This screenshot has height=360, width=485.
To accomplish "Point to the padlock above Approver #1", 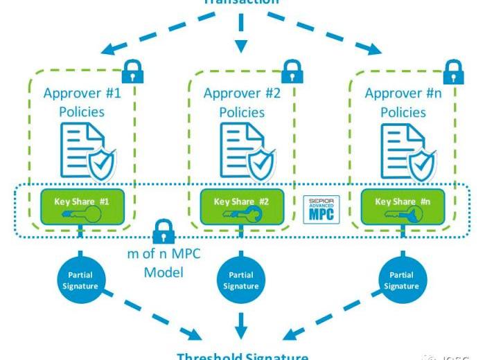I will (x=132, y=70).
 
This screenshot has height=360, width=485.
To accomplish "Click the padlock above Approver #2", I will (x=292, y=70).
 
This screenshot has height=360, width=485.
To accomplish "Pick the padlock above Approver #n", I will (x=452, y=70).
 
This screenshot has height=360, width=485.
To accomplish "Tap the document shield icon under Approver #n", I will (x=409, y=150).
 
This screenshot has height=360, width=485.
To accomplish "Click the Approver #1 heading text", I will (x=82, y=93).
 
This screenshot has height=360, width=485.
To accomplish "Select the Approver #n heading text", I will (x=403, y=93).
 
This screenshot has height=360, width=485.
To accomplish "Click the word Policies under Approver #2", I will (x=242, y=111).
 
